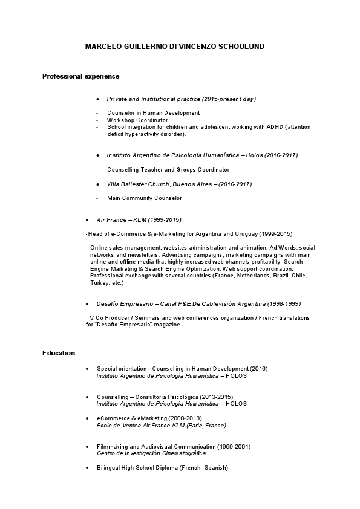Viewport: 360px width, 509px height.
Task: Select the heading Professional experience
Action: [x=80, y=76]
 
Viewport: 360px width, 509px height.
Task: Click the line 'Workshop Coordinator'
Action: [x=137, y=120]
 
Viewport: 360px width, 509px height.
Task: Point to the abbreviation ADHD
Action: [x=271, y=127]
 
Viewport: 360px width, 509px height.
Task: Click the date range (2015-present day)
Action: [x=229, y=99]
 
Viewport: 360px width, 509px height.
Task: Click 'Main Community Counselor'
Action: [x=144, y=198]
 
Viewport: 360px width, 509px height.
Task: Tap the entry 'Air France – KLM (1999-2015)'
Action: [x=139, y=220]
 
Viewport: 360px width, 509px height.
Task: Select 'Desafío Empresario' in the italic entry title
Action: [x=125, y=303]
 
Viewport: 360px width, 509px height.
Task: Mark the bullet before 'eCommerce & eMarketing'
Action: [x=88, y=418]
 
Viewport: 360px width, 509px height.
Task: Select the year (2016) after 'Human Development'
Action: [x=259, y=368]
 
